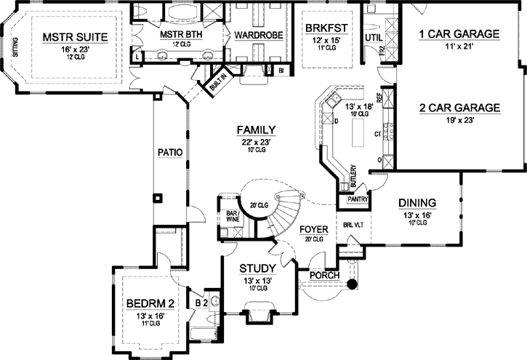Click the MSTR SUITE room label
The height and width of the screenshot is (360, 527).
point(74,37)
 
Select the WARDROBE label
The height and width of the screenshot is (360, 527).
point(252,34)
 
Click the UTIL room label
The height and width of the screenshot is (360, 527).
point(374,36)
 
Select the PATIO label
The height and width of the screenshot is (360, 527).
point(169,152)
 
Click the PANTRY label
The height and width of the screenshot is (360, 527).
point(356,199)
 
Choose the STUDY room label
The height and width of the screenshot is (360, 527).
point(258,268)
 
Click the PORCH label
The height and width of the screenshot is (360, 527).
point(321,276)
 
